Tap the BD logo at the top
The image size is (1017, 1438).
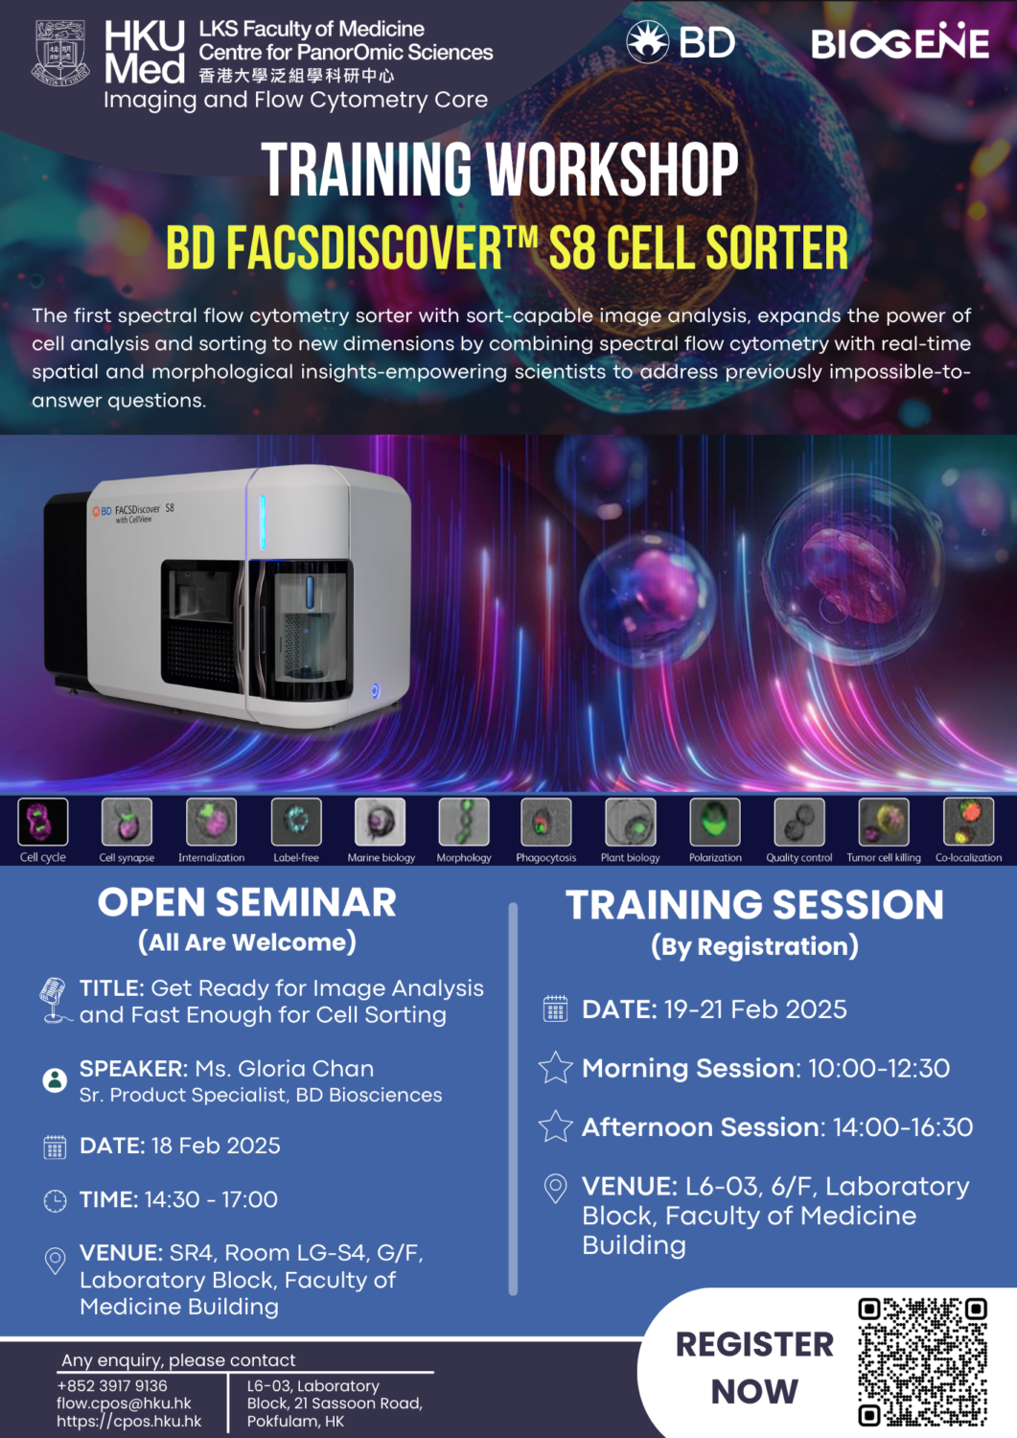pos(681,42)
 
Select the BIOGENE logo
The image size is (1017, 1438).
pos(899,42)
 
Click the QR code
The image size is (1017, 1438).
pos(922,1361)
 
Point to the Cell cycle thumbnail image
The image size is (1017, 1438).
pos(43,822)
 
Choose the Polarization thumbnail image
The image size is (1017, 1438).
pos(715,822)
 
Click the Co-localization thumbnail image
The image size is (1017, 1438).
pos(968,822)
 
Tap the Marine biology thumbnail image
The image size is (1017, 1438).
pos(381,822)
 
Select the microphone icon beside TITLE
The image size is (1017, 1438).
pos(54,1000)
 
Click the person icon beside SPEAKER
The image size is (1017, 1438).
pos(56,1079)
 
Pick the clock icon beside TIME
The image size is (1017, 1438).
pos(56,1200)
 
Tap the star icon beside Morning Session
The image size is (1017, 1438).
pos(556,1068)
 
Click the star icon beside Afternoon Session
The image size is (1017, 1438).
pos(556,1126)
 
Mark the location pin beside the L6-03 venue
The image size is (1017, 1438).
pos(556,1189)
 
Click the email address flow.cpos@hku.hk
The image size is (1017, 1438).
pos(124,1403)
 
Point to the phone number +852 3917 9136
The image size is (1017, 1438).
pos(112,1386)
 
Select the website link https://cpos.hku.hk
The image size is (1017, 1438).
pos(129,1422)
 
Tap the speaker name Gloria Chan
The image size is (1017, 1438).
pos(306,1068)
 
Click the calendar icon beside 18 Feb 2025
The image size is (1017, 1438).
pos(56,1147)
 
